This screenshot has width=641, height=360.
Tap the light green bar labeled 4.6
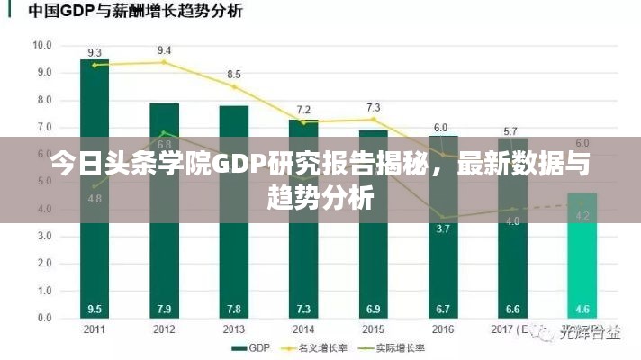[582, 261]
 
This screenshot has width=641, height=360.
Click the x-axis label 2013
[233, 328]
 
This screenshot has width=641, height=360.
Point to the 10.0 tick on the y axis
[41, 45]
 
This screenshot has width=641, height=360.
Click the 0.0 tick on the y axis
[43, 319]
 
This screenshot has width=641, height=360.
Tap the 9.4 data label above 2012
[164, 50]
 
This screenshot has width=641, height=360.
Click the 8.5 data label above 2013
[233, 74]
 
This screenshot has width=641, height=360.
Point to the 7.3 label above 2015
[373, 108]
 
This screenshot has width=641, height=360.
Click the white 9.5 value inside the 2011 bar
[95, 309]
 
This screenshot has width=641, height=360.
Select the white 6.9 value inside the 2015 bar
[373, 309]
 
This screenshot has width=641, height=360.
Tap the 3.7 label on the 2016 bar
[442, 229]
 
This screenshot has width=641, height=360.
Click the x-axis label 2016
[442, 328]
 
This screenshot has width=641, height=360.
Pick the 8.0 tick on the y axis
[43, 100]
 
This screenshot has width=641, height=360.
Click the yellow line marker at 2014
[303, 121]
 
